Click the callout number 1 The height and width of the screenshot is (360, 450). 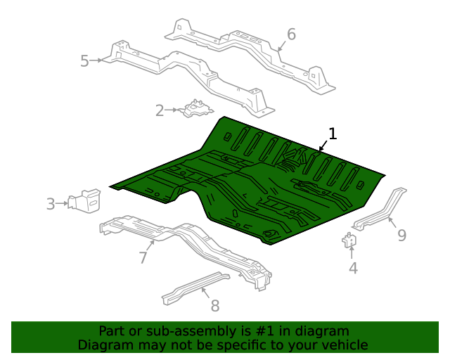click(333, 134)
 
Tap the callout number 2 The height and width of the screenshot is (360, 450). click(160, 111)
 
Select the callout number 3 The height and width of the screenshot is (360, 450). click(51, 204)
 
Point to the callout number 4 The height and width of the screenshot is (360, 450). click(353, 268)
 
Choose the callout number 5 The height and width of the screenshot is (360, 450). click(84, 61)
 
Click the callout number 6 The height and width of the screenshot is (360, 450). click(291, 34)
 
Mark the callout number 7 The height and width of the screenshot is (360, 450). click(143, 257)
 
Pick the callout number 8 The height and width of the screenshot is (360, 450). click(215, 306)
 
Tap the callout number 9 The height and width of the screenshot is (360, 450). click(402, 236)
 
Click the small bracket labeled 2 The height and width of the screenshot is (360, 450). click(195, 109)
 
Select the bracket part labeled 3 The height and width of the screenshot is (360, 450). click(84, 200)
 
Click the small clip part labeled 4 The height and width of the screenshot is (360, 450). click(349, 240)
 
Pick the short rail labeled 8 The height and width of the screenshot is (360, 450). click(196, 288)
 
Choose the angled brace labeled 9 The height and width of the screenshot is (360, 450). click(380, 209)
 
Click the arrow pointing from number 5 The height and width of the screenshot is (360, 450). click(96, 60)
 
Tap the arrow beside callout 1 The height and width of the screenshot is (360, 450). click(323, 146)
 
